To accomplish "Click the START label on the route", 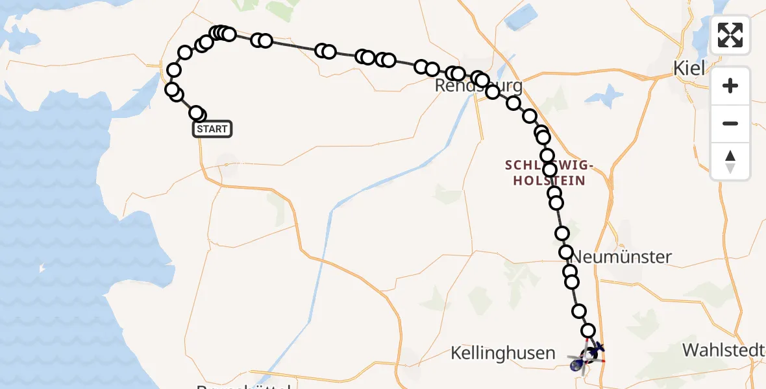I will tap(212, 129).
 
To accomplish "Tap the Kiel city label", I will tap(689, 67).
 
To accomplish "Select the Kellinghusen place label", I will tap(504, 353).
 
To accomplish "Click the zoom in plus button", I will tap(730, 86).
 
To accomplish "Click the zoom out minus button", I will tap(730, 123).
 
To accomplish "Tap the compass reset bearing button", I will tap(730, 161).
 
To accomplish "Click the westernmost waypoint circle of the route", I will tap(172, 89).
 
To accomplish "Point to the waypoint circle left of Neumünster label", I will tap(566, 252).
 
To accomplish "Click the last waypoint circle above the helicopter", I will tap(588, 331).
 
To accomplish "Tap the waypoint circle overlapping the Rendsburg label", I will tap(482, 80).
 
